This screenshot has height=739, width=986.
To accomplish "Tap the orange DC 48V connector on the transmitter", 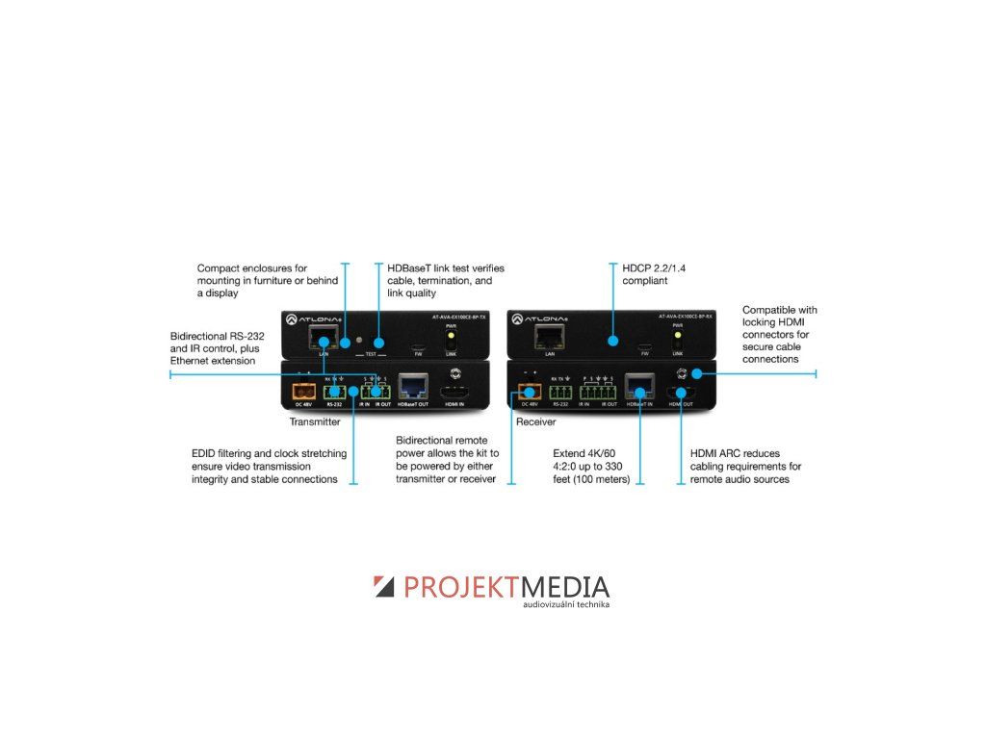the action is [x=299, y=393].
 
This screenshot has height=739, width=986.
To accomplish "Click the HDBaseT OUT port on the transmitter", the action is [x=413, y=387].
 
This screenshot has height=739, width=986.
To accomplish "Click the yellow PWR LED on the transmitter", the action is [x=448, y=337].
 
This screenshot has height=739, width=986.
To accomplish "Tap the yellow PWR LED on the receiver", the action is [x=678, y=337].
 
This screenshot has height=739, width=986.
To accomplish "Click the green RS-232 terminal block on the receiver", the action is [x=558, y=392].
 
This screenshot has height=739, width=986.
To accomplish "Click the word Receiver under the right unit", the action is [x=536, y=422].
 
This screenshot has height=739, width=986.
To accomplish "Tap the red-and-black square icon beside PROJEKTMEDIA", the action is [x=384, y=586].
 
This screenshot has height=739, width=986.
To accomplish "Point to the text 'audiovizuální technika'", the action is [x=566, y=605].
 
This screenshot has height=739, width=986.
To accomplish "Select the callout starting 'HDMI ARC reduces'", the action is [x=745, y=466].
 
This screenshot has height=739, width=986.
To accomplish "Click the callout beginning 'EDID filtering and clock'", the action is [x=265, y=466].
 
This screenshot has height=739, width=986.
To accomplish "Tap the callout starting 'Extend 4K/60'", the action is [x=591, y=466].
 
